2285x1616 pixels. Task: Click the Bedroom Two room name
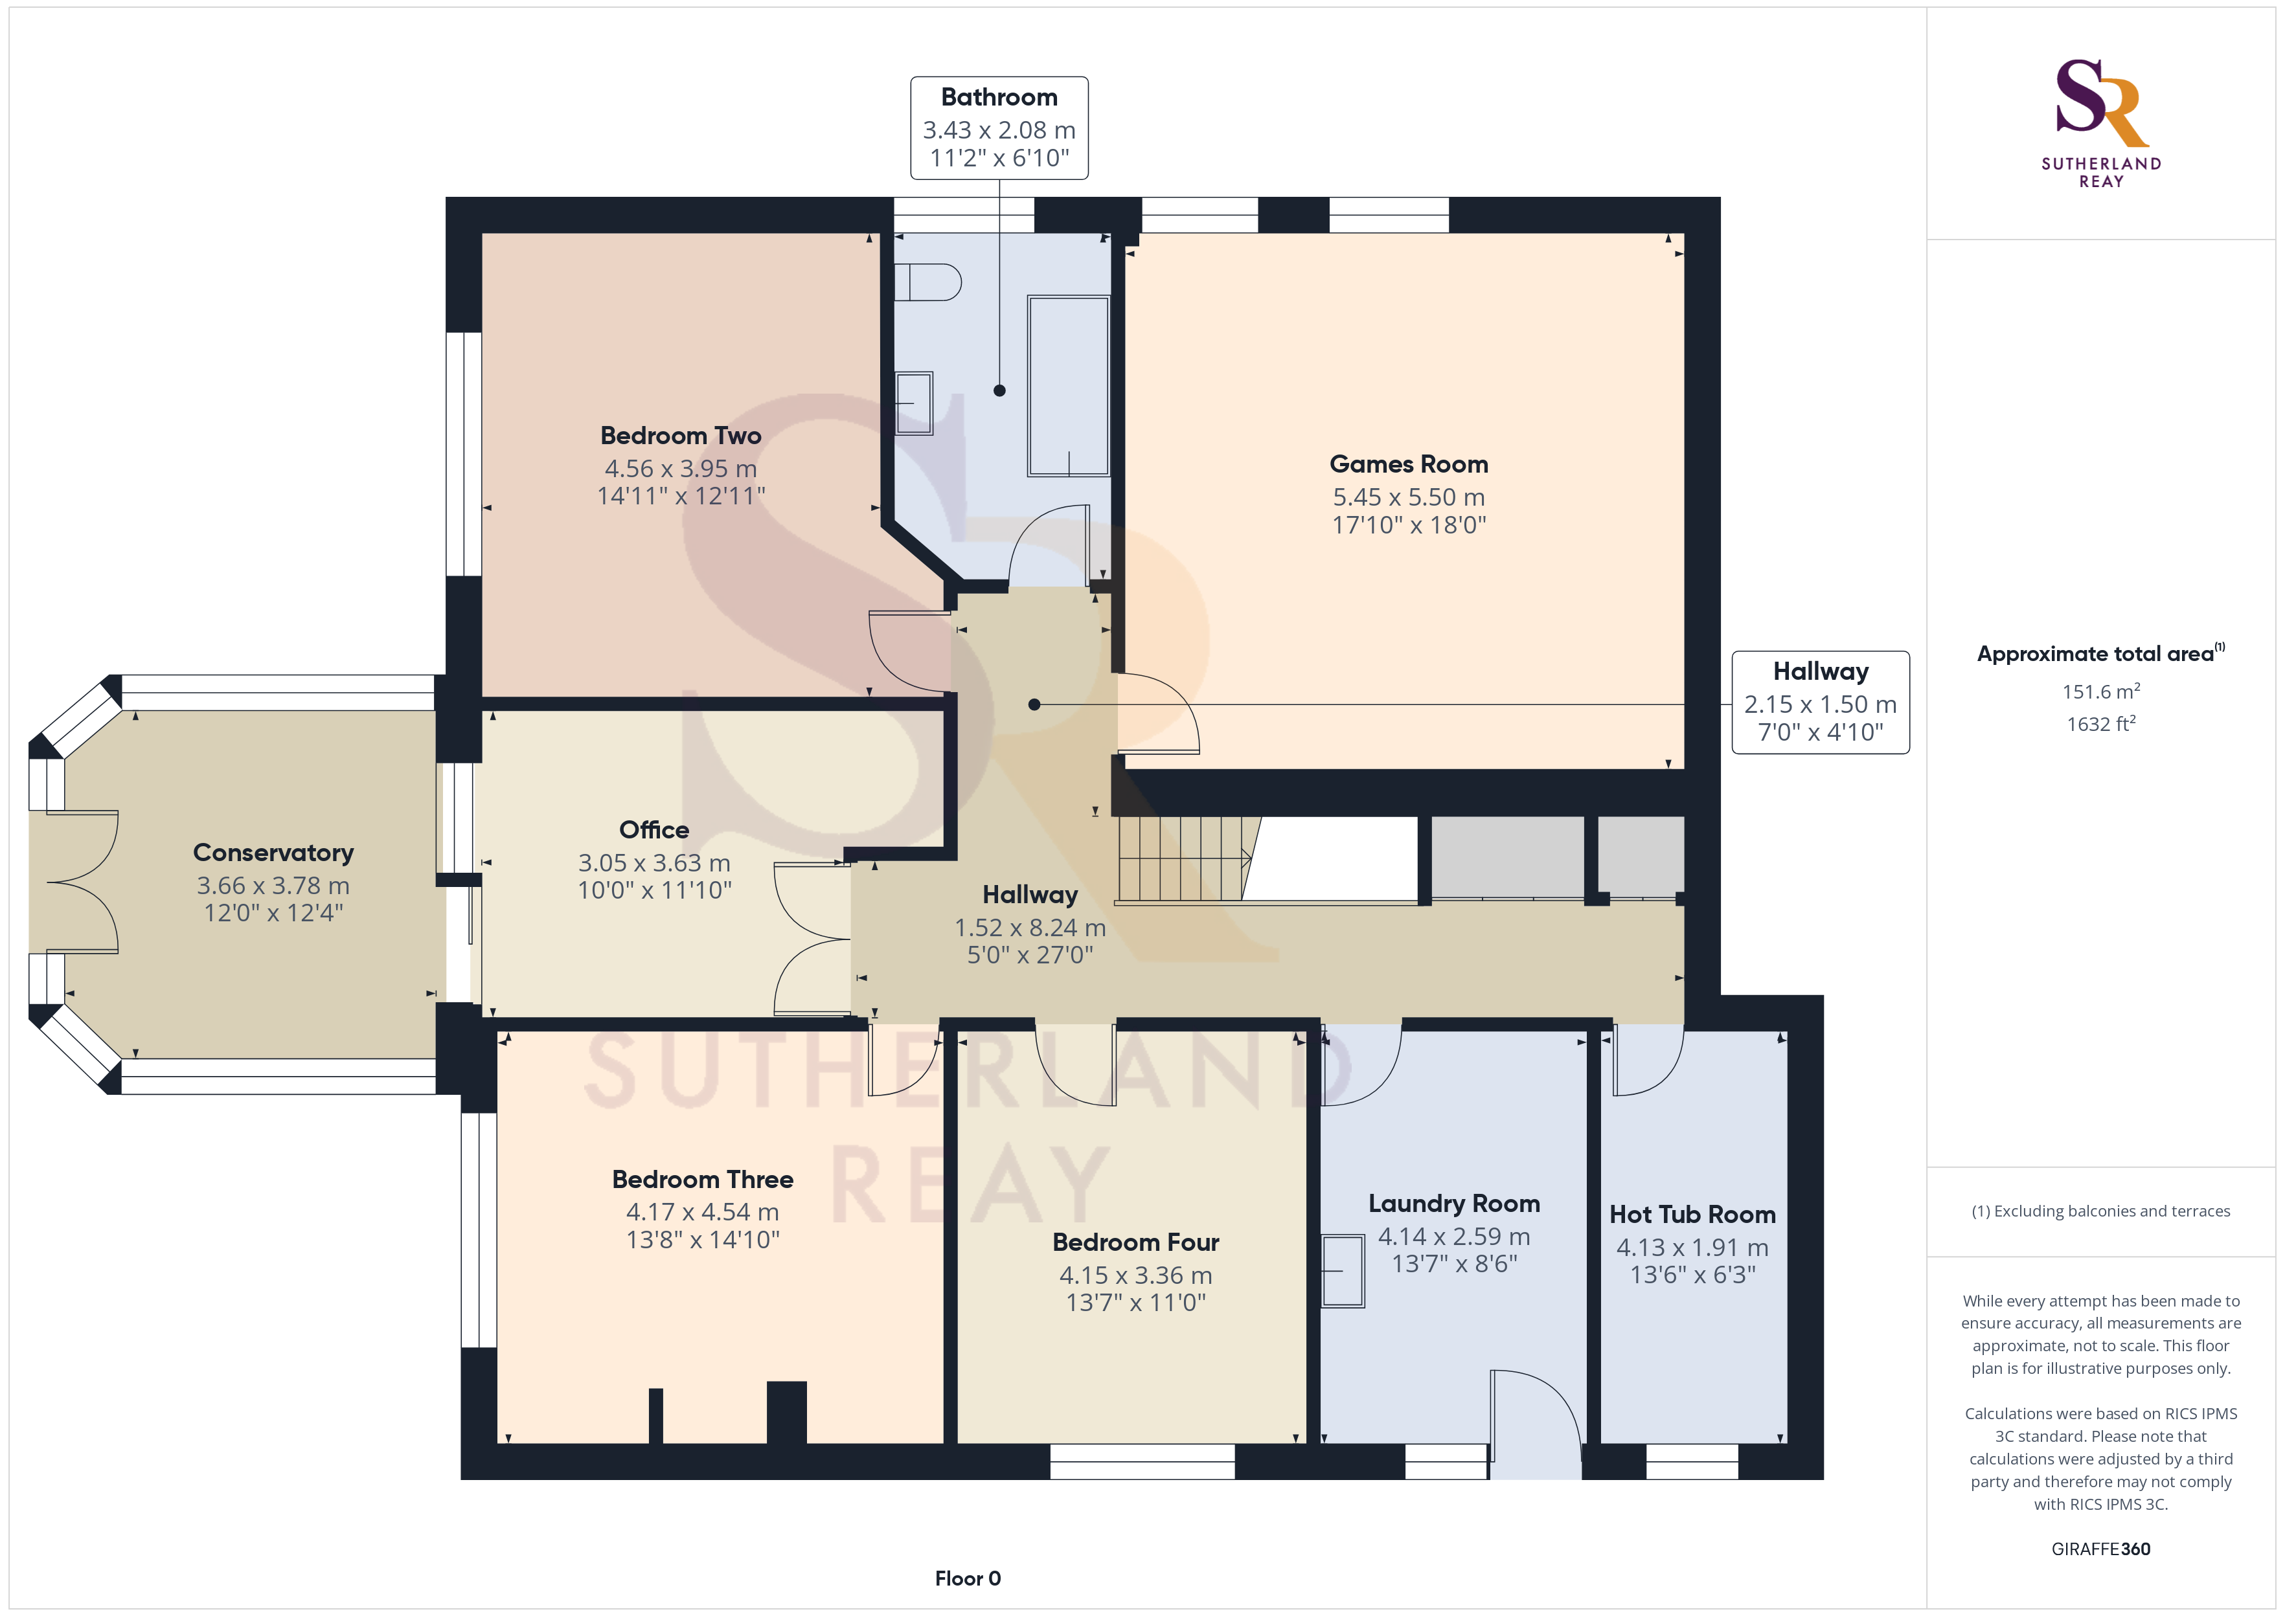click(681, 436)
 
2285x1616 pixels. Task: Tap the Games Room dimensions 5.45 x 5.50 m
click(1408, 497)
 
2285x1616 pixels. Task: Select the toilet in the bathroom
click(927, 282)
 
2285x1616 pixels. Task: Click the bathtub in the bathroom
click(1069, 385)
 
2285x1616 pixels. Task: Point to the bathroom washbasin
click(914, 403)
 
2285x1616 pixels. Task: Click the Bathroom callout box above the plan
click(999, 128)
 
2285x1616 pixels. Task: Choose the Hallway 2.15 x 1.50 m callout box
click(1820, 702)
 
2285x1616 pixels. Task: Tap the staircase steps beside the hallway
click(1185, 858)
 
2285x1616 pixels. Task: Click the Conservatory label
click(274, 853)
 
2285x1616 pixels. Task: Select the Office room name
click(654, 830)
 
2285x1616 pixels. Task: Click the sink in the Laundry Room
click(1343, 1271)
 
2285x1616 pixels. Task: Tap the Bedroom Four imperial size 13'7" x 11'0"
click(1135, 1303)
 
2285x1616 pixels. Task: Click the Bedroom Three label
click(703, 1179)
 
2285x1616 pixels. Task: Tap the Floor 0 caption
click(968, 1578)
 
